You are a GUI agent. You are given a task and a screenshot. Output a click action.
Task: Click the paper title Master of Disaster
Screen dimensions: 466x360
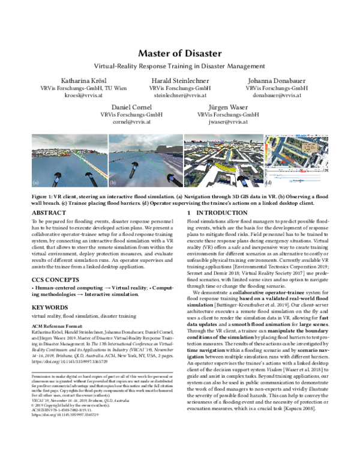180,53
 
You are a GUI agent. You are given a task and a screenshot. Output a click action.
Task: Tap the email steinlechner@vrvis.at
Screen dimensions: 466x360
179,95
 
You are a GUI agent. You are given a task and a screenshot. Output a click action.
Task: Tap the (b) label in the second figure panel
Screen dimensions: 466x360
112,181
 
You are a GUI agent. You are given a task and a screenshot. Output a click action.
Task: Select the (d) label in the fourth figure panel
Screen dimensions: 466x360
268,181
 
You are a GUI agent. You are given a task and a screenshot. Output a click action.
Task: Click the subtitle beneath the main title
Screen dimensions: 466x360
180,66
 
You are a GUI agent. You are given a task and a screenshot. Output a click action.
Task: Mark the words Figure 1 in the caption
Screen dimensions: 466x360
42,196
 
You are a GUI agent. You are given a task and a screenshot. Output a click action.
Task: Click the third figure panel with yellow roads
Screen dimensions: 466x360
221,159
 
